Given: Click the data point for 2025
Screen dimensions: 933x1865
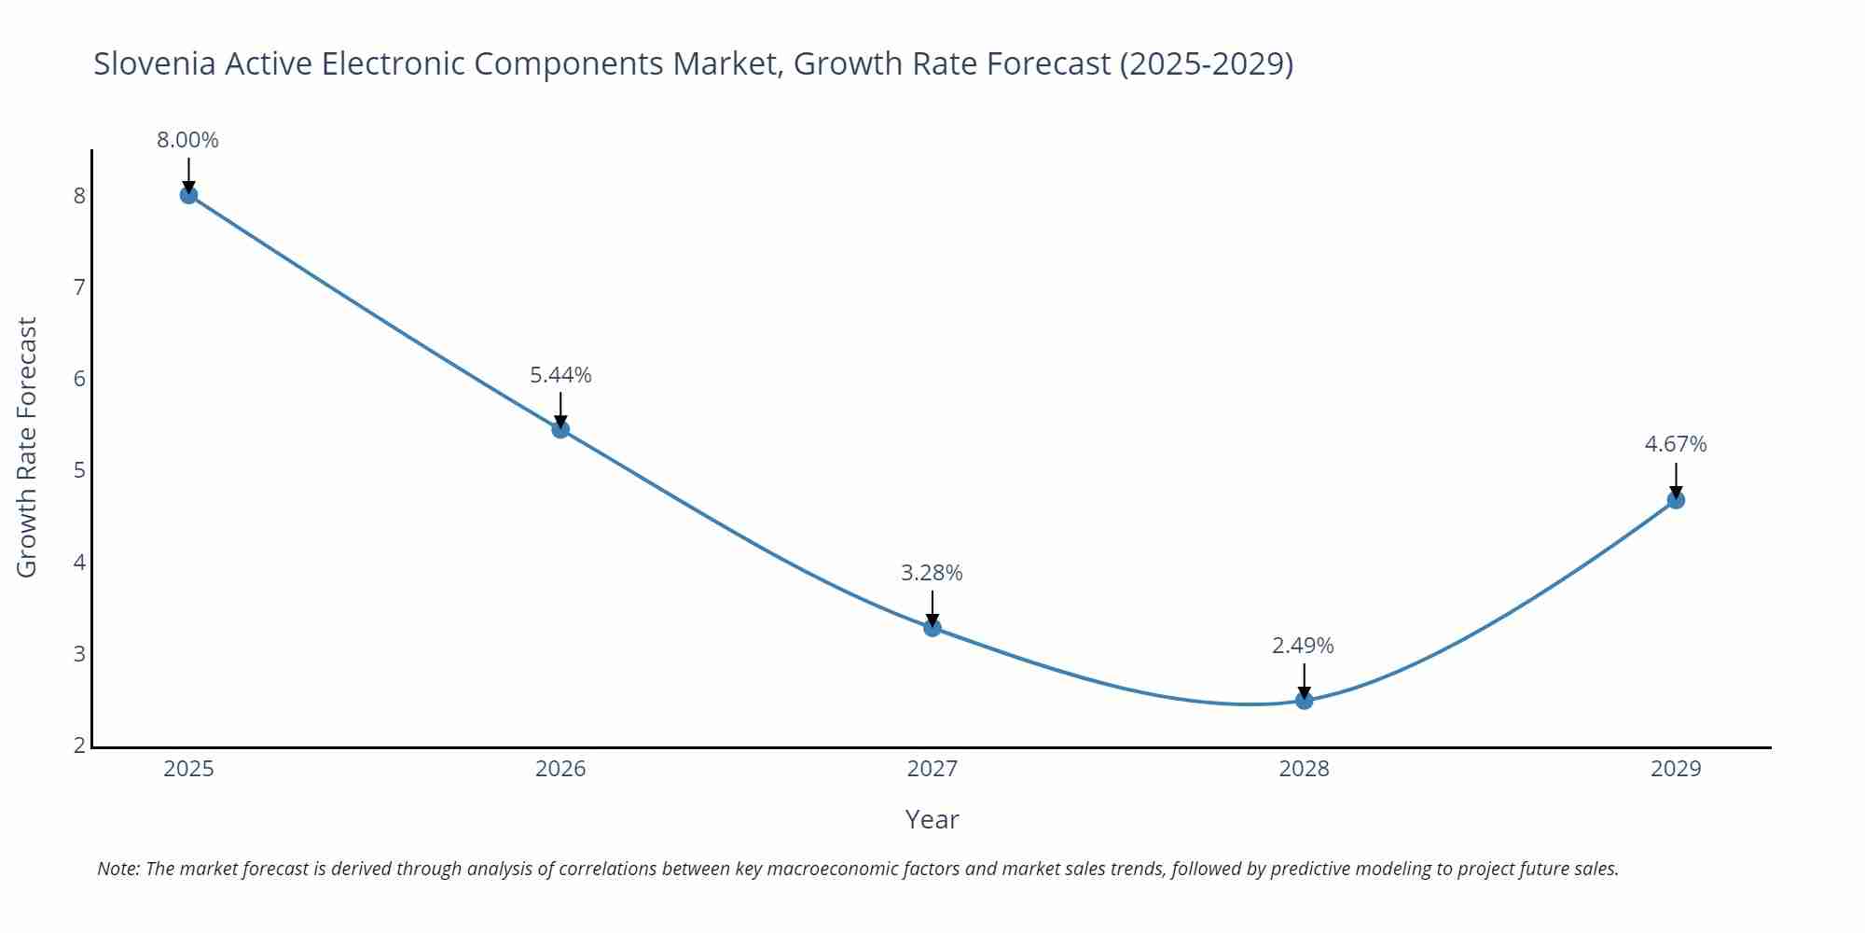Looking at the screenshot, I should pos(188,195).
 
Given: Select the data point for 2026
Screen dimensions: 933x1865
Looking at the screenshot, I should pos(560,429).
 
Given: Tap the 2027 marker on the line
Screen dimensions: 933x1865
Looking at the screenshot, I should pos(932,628).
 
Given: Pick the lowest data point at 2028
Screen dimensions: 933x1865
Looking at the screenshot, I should pos(1304,701).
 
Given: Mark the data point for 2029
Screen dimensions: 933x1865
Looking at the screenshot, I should pos(1676,500).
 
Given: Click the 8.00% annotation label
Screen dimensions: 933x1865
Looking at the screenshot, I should pos(187,140).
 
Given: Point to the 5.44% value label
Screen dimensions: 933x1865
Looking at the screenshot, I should pos(560,375).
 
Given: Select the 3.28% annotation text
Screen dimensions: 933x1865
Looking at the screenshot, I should pos(932,573).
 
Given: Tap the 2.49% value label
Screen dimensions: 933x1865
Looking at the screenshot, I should pos(1303,646).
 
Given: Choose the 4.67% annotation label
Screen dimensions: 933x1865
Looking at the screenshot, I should pos(1675,444).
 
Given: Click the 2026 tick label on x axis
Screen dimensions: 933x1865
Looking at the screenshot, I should pos(560,769).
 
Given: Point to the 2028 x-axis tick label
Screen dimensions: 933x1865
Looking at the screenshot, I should pos(1304,769).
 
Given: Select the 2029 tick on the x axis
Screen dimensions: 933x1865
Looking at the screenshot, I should pos(1676,769).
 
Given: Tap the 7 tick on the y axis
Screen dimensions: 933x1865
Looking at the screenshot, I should pos(79,287).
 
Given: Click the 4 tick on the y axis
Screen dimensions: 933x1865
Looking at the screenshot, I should pos(79,563).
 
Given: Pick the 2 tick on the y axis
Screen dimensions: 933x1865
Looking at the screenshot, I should pos(79,745).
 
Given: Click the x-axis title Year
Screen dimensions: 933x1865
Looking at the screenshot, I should pos(932,819).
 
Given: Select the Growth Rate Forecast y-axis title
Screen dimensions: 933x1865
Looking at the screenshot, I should pos(27,447).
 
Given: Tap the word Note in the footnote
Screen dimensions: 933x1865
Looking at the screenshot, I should pos(117,869).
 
